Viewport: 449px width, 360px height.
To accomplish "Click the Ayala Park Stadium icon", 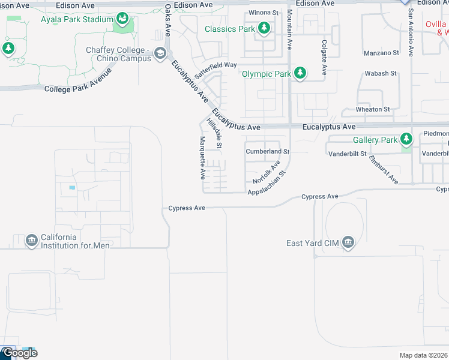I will pos(123,19).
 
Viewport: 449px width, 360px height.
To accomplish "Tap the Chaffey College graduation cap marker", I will pos(160,54).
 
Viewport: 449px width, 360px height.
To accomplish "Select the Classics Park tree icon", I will pos(264,28).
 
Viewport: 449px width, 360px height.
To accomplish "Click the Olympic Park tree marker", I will pos(300,74).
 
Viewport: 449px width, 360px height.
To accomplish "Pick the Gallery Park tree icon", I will pos(407,139).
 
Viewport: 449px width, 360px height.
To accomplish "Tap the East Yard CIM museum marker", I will pos(348,242).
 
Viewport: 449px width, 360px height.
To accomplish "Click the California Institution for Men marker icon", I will pos(31,241).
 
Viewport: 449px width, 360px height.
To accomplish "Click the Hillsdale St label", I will pos(215,133).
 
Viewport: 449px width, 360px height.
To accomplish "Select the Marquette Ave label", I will pos(202,158).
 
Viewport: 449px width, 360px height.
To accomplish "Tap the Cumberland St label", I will pos(268,152).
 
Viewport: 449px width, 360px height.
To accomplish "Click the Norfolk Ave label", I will pos(267,172).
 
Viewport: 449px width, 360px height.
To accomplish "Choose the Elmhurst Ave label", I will pos(384,170).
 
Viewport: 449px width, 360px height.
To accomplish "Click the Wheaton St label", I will pos(373,109).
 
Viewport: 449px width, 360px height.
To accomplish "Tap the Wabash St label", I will pos(381,74).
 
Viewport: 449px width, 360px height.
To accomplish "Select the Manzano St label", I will pos(382,53).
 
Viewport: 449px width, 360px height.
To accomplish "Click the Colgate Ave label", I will pos(324,58).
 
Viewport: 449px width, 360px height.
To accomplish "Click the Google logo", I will pos(19,353).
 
